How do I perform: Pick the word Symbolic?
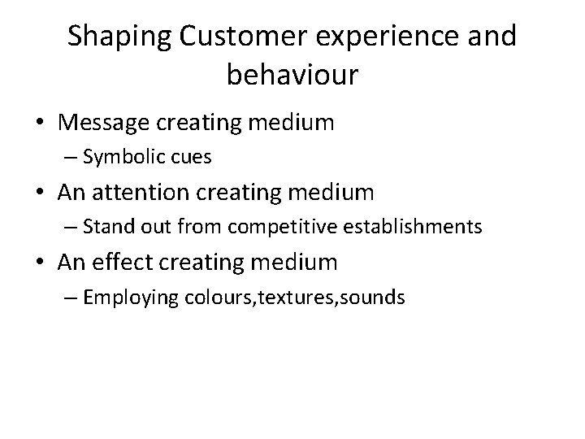click(119, 157)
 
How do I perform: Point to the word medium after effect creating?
click(297, 263)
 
